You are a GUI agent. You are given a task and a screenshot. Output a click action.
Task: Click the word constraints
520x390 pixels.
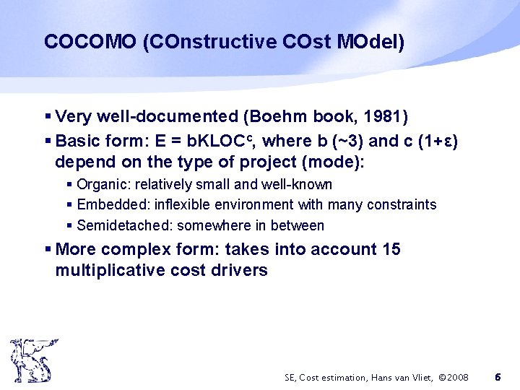[x=402, y=205]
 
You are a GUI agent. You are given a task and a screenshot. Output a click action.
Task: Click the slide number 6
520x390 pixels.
[x=498, y=377]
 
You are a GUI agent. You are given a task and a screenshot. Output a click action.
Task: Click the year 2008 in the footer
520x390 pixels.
[x=457, y=378]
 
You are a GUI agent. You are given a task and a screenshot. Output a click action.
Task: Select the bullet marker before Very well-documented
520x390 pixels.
[x=48, y=117]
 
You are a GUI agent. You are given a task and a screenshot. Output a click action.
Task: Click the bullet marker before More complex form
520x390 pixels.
[x=48, y=250]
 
